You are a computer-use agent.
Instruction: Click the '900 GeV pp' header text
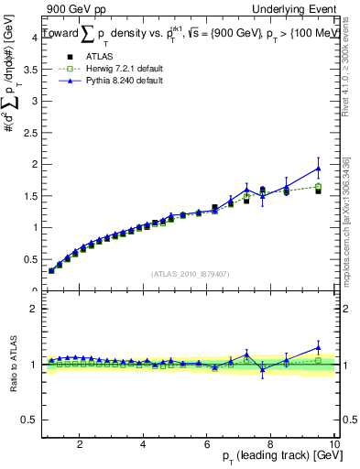click(x=75, y=9)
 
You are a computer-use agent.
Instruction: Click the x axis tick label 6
click(x=206, y=445)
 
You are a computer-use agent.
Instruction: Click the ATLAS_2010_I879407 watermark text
click(x=189, y=273)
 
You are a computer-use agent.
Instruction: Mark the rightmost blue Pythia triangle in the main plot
click(x=319, y=169)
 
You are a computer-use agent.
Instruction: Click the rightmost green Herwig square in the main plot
click(x=319, y=187)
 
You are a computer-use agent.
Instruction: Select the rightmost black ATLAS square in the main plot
click(x=319, y=191)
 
